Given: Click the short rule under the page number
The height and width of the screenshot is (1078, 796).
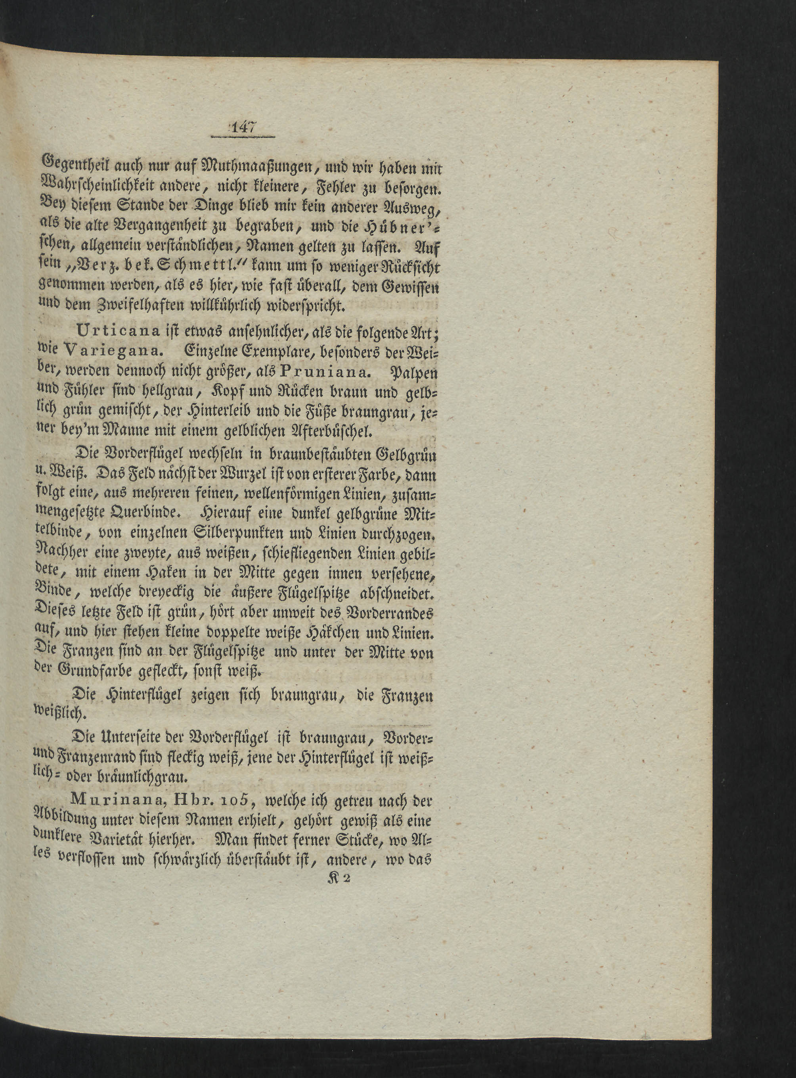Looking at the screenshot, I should tap(242, 138).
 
